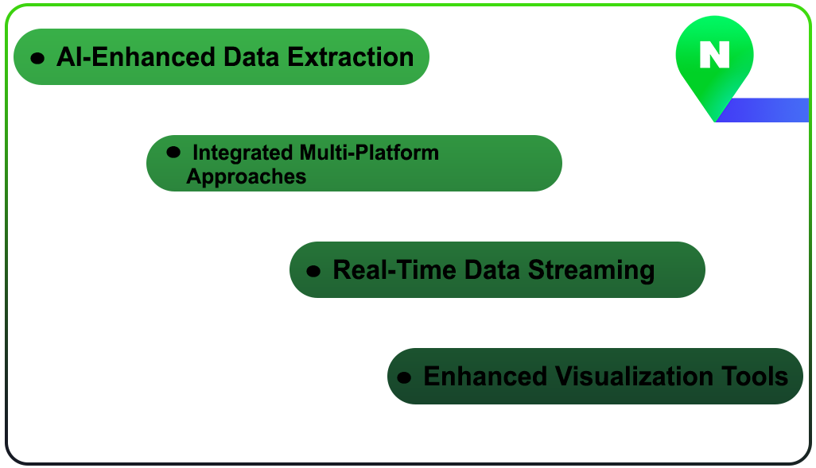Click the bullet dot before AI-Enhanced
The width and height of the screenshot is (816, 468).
(37, 58)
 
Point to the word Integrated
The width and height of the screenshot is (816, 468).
(244, 152)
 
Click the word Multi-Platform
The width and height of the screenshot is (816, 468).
(369, 152)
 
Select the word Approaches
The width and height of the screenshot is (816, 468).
(246, 176)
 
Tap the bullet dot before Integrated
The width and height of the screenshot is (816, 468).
(173, 151)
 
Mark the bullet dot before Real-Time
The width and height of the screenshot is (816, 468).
(313, 271)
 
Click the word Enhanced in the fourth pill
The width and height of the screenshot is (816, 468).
(485, 376)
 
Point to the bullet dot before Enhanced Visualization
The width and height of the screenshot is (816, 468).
(405, 377)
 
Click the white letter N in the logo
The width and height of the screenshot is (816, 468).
(714, 55)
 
